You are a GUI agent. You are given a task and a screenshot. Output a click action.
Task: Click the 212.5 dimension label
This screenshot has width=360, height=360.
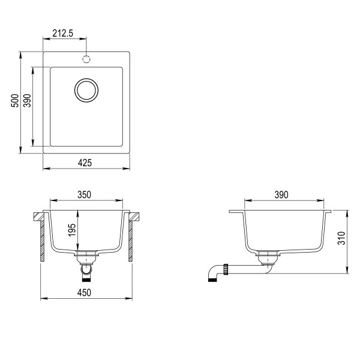point(62,34)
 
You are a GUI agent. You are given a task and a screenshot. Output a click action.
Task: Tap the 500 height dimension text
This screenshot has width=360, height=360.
point(14,101)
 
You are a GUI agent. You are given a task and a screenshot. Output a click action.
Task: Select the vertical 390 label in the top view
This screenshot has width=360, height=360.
point(26,101)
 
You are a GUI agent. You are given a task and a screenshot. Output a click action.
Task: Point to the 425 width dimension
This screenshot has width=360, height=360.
point(85,163)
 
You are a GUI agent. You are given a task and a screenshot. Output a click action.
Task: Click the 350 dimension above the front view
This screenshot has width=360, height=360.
point(84,194)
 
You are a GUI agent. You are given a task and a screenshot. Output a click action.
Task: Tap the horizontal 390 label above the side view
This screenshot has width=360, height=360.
point(281,194)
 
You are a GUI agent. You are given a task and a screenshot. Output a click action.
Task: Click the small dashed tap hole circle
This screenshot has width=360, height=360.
point(86,59)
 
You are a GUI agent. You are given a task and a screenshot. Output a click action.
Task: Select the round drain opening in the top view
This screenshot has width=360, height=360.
point(86,90)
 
